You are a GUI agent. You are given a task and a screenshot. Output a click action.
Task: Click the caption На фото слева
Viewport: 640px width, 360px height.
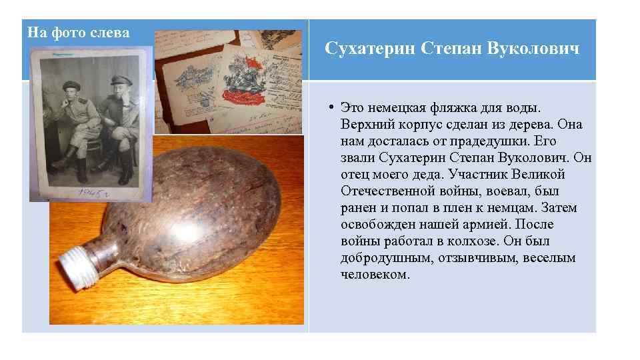click(x=78, y=33)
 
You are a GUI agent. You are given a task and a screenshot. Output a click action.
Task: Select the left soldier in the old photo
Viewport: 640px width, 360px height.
click(x=73, y=127)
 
